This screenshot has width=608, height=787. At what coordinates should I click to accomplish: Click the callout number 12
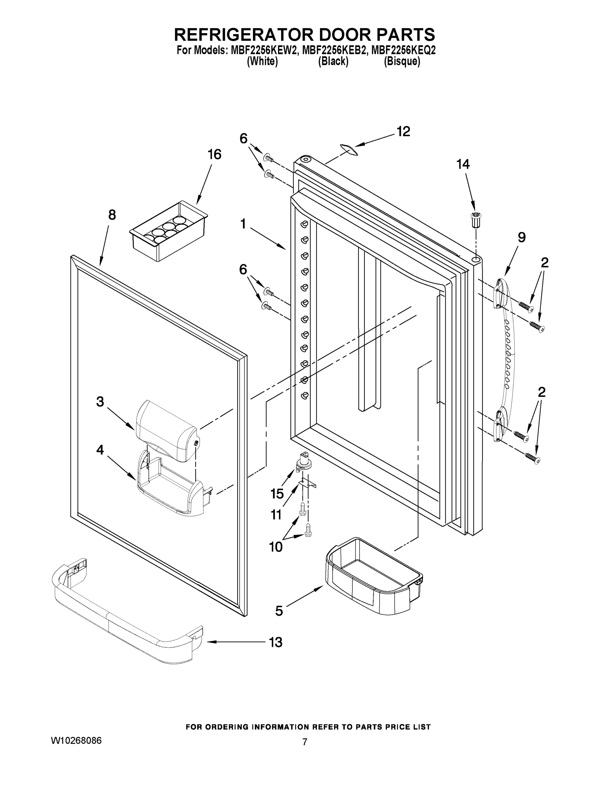click(x=403, y=132)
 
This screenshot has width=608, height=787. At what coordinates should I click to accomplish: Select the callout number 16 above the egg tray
click(x=214, y=154)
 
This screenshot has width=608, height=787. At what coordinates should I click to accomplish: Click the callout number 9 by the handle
click(x=521, y=237)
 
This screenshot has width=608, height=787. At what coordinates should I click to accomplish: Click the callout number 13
click(x=276, y=642)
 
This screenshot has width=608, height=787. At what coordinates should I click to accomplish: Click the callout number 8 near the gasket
click(x=112, y=215)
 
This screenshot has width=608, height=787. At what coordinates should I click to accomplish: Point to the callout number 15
click(x=277, y=494)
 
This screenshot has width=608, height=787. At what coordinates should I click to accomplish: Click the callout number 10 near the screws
click(x=276, y=547)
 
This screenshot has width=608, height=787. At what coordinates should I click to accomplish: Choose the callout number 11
click(x=276, y=515)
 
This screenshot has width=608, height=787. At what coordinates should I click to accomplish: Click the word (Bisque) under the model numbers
click(x=402, y=62)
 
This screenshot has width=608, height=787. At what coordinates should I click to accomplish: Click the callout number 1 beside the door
click(x=243, y=224)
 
